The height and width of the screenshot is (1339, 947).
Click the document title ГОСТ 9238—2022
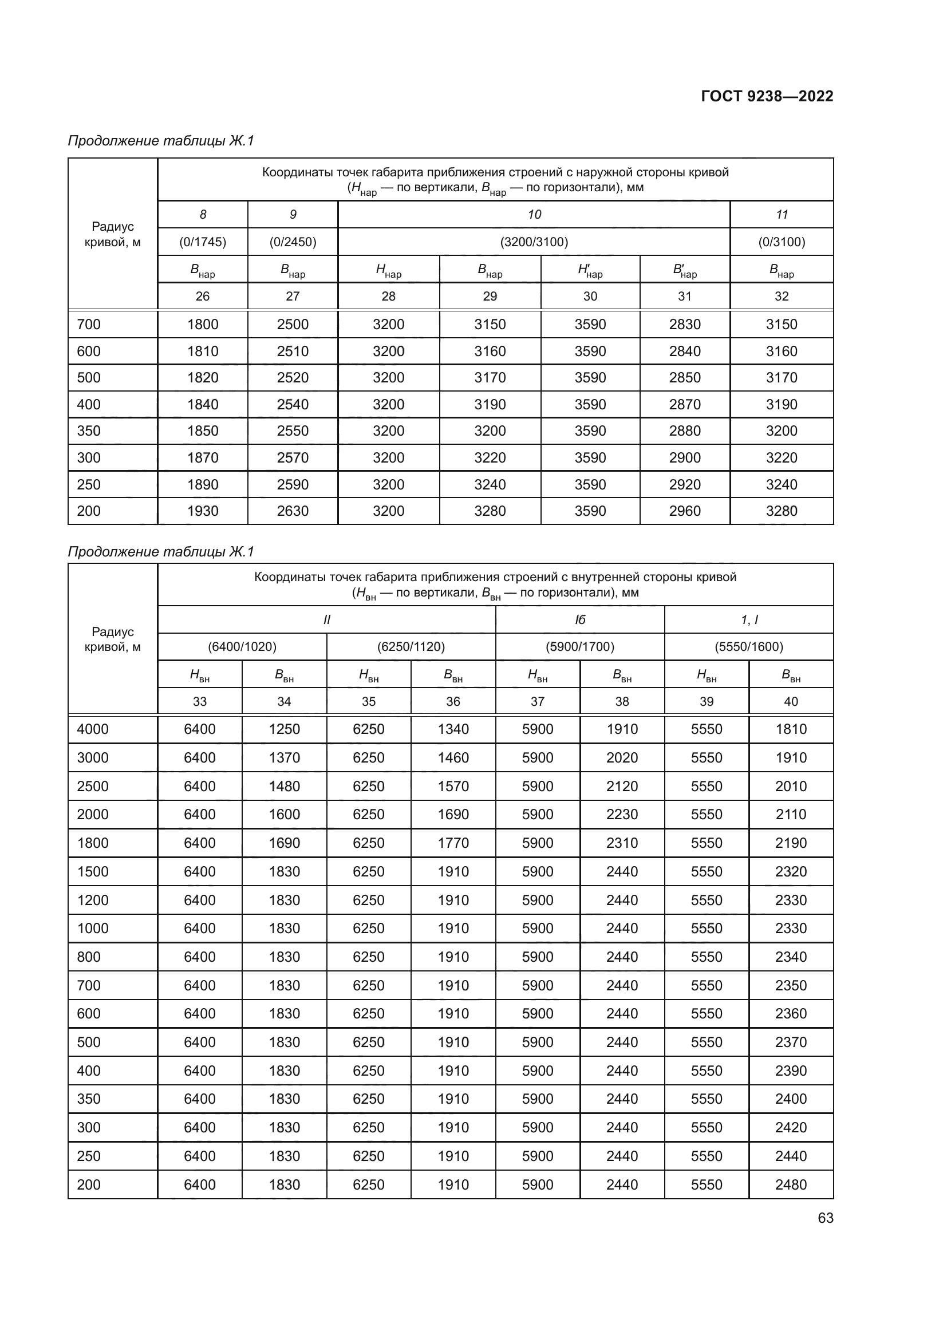[767, 96]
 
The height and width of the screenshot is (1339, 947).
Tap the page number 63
[825, 1218]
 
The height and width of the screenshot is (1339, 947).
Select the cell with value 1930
[202, 511]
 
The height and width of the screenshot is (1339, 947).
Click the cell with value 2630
[293, 511]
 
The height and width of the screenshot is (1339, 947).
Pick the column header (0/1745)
[202, 242]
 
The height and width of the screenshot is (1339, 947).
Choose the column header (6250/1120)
[411, 647]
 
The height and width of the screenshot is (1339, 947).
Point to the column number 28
[388, 297]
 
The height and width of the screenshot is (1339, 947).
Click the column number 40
[791, 702]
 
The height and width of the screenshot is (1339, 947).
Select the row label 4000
[93, 729]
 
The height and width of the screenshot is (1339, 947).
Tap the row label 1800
[93, 843]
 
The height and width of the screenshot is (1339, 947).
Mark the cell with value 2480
[791, 1184]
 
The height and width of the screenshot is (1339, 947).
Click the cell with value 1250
[284, 729]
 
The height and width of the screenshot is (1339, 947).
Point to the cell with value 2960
[685, 511]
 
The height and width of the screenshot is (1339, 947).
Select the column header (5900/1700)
[579, 647]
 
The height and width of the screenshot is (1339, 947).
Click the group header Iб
[579, 620]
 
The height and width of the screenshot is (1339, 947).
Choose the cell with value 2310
[622, 843]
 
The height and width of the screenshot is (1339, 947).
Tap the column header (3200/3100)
[534, 242]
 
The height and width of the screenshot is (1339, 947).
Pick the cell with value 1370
[284, 757]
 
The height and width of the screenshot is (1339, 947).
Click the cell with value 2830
[685, 324]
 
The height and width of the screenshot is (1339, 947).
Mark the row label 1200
[93, 900]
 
